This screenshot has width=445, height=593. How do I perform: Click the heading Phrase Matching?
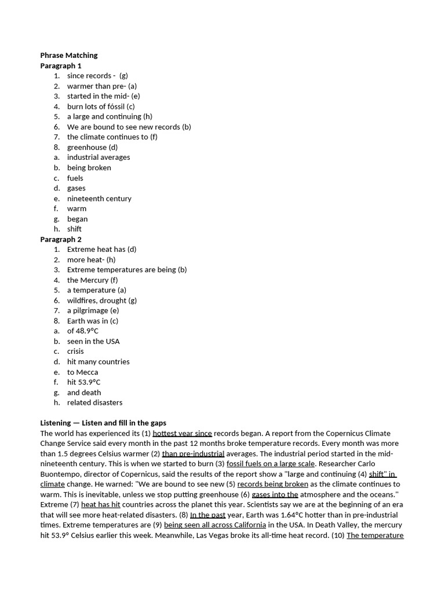68,56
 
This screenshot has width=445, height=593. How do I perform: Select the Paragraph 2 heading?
61,239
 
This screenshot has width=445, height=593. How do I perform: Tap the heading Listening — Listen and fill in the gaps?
103,423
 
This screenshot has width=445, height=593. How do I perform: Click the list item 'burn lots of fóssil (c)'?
101,107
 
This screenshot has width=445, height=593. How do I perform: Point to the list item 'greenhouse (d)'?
92,147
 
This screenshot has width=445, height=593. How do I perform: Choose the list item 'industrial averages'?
99,158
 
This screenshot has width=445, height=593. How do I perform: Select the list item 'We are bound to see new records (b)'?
129,127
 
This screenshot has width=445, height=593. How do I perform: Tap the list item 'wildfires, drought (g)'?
102,301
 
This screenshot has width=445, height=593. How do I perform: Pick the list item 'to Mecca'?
82,372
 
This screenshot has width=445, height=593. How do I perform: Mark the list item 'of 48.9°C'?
82,331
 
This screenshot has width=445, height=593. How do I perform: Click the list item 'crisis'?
75,352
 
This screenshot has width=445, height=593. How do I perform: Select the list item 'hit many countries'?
98,362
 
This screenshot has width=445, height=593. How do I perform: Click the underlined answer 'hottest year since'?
182,433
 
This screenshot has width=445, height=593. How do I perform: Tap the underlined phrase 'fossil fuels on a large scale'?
271,464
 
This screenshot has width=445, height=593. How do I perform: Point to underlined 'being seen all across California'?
215,525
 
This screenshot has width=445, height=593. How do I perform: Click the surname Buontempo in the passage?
61,474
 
